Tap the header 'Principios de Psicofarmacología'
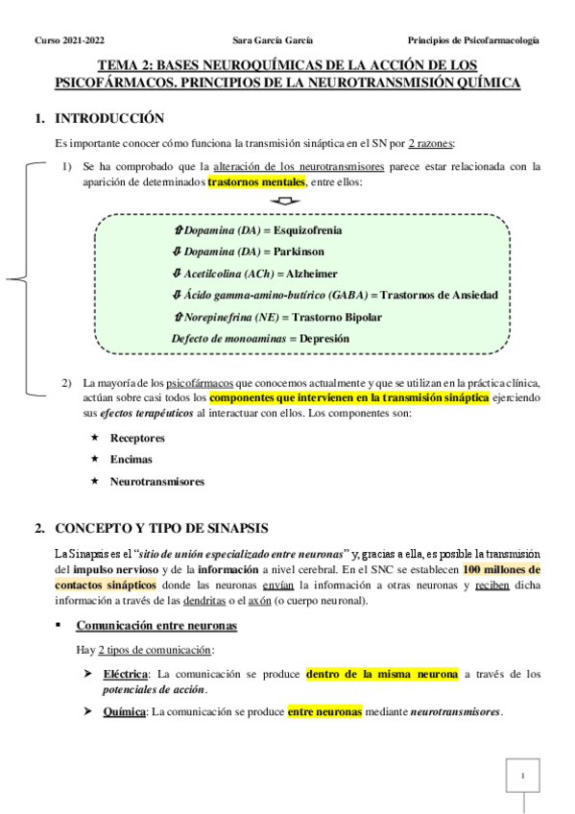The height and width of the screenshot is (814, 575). [473, 40]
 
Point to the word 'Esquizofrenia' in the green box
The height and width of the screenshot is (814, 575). [309, 230]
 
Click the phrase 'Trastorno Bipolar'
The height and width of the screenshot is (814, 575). [337, 317]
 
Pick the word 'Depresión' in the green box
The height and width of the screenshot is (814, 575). [324, 338]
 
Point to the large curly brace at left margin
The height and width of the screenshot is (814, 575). [21, 279]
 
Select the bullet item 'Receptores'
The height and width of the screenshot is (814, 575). [137, 438]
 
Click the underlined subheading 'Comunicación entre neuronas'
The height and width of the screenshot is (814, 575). [156, 626]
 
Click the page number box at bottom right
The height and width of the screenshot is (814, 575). [523, 776]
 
